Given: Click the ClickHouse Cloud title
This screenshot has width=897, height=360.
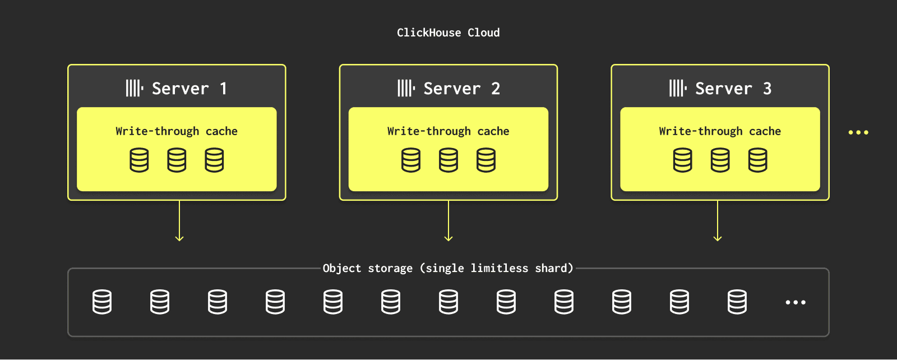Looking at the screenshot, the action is [448, 33].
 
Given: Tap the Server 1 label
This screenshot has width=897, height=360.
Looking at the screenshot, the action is [189, 89].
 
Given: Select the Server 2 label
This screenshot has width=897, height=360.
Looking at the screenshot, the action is [462, 89].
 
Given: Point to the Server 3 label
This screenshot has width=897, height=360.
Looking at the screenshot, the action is [733, 89].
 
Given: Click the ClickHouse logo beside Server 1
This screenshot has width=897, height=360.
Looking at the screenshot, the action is [135, 88].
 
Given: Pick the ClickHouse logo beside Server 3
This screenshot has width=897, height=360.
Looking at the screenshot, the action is [678, 88].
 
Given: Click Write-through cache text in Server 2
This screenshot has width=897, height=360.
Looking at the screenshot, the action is [448, 131].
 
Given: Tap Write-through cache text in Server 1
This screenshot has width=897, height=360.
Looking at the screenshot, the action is [177, 131].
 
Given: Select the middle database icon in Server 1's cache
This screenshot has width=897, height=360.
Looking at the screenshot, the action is [177, 160].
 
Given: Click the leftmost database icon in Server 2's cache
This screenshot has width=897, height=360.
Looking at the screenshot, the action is [411, 160].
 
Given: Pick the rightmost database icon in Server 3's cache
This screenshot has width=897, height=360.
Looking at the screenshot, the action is [757, 160].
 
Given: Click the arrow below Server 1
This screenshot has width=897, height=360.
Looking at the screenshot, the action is [179, 220].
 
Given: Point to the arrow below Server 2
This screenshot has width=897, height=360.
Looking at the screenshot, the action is [449, 220].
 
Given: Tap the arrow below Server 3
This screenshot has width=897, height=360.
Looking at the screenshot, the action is [718, 220].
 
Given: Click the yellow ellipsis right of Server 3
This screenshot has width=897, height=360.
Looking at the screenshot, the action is [858, 132].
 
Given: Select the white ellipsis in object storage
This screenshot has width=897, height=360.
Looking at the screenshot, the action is [796, 302].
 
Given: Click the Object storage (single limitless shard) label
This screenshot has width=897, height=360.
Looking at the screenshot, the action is [448, 268].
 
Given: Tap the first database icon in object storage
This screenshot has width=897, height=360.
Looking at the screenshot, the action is [102, 302].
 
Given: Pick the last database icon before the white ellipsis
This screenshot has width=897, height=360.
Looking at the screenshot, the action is [737, 302].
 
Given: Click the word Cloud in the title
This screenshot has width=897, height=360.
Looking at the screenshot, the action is [484, 33].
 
